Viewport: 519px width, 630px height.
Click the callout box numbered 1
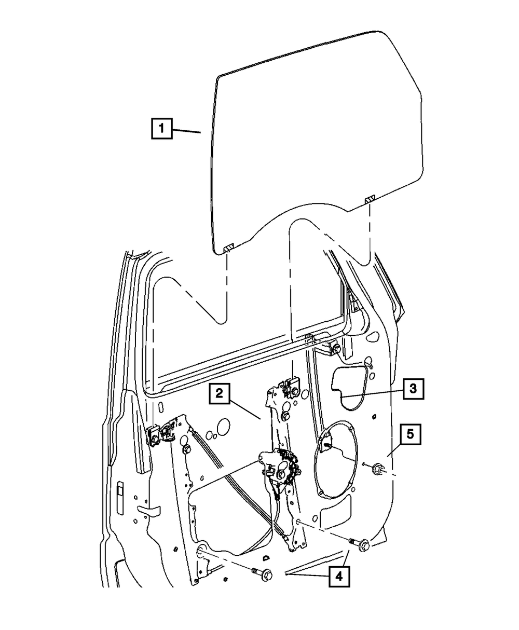point(162,128)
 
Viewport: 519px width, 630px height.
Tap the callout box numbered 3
point(413,388)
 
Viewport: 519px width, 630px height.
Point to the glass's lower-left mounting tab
point(228,249)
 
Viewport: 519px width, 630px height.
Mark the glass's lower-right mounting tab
point(370,199)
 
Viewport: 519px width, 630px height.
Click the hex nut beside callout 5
point(377,469)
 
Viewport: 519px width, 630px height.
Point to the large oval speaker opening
point(337,462)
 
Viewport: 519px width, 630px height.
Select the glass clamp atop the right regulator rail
point(288,387)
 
